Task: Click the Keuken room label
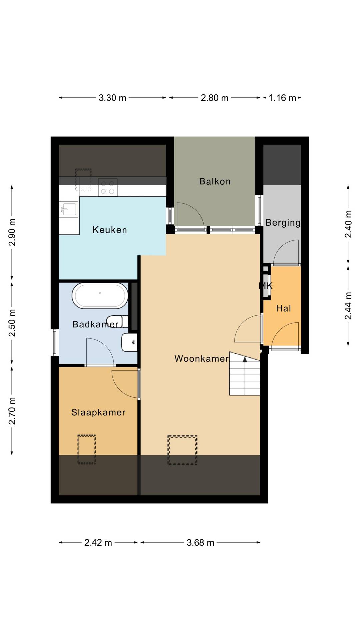click(110, 230)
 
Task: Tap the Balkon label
click(215, 181)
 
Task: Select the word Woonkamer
click(201, 358)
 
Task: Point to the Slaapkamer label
click(98, 412)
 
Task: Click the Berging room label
click(283, 223)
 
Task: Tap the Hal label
click(284, 308)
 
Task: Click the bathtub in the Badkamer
click(100, 296)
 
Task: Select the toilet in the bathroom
click(118, 321)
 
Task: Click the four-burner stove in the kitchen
click(108, 187)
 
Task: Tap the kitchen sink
click(68, 210)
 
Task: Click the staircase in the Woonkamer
click(244, 374)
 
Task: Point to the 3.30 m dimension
click(112, 98)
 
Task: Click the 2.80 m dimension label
click(215, 98)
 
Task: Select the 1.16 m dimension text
click(282, 98)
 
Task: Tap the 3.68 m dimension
click(200, 543)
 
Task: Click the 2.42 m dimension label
click(98, 543)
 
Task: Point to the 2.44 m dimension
click(348, 306)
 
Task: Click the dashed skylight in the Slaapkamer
click(87, 449)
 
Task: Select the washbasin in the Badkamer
click(129, 342)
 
